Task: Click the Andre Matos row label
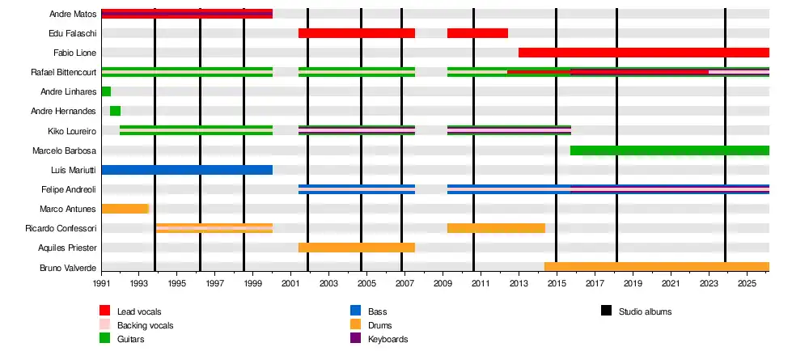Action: pos(73,14)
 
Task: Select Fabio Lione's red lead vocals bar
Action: pos(644,53)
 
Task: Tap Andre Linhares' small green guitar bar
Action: pos(106,91)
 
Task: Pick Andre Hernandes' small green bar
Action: pos(115,111)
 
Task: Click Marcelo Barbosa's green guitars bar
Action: pos(670,150)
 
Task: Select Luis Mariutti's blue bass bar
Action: pos(187,170)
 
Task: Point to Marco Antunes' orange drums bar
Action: pos(125,209)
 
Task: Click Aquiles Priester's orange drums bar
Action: pos(357,248)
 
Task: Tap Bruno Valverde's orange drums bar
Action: pos(657,267)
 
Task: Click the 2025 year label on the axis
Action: pos(747,284)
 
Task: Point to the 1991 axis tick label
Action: pos(102,284)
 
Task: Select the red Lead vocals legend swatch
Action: pos(104,311)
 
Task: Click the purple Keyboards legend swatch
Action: pos(355,338)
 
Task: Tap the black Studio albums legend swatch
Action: pos(606,311)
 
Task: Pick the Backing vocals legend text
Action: pos(145,325)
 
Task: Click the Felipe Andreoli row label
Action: pos(69,189)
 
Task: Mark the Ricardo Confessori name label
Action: pos(61,228)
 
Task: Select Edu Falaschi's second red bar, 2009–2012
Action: pos(478,33)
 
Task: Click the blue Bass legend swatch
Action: pos(355,311)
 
